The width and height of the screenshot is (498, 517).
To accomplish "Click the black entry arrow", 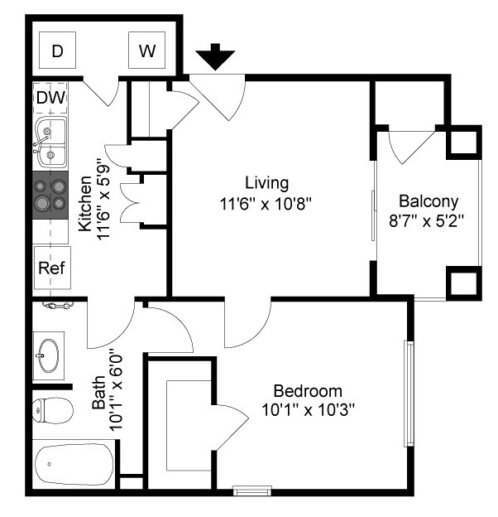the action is (x=215, y=56).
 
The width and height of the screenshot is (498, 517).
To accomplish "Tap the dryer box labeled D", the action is (x=58, y=50).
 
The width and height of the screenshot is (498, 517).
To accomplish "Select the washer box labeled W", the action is (x=146, y=50).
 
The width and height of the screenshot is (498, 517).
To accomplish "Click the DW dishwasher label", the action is (x=51, y=97).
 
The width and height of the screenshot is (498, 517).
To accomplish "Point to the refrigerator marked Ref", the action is (x=52, y=268).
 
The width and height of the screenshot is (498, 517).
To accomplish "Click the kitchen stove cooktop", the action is (x=50, y=195).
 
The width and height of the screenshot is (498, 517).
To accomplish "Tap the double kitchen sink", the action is (x=50, y=143).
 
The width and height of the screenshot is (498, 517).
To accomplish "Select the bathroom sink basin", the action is (x=48, y=355).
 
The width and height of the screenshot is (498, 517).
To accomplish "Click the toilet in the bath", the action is (x=53, y=410).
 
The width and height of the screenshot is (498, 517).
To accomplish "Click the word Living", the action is (x=267, y=183).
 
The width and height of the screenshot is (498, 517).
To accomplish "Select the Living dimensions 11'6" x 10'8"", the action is (x=266, y=204).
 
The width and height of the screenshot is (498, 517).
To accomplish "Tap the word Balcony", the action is (x=429, y=202).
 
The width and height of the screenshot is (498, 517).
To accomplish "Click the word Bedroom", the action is (x=308, y=391).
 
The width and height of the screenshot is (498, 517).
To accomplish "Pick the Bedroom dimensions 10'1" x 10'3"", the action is (x=308, y=410).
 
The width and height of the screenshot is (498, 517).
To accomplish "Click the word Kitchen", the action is (x=85, y=204).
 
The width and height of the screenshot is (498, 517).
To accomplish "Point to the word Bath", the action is (x=98, y=393).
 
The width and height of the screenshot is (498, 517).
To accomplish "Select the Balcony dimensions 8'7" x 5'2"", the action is (x=427, y=221).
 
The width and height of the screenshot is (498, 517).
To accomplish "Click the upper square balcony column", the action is (x=464, y=143).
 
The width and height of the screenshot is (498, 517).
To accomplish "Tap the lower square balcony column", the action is (x=464, y=283).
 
